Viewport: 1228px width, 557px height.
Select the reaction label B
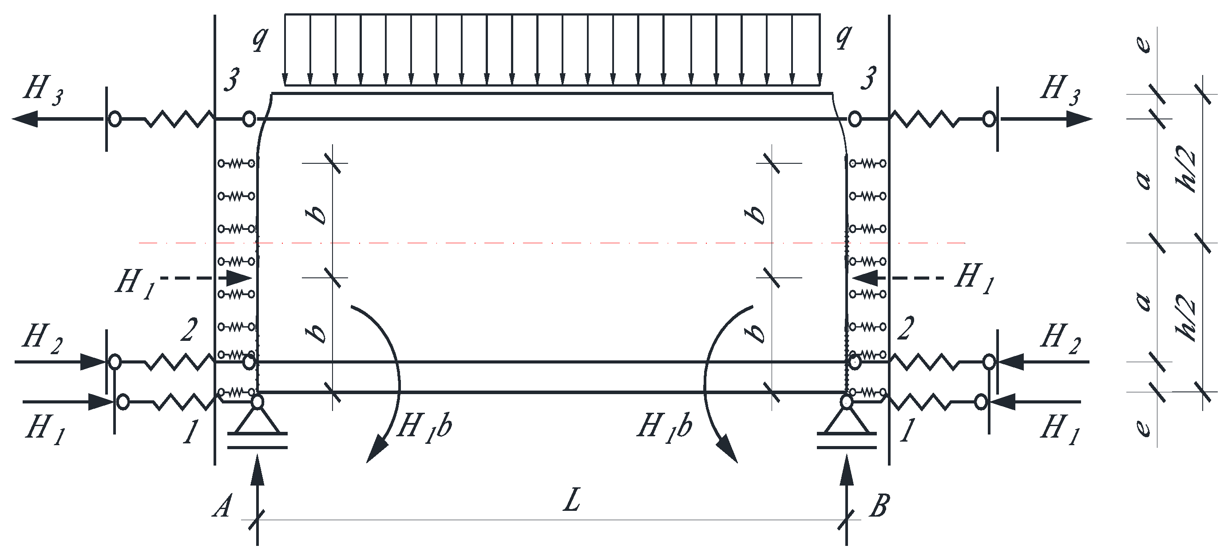pos(879,506)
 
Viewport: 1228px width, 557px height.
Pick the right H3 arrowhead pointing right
pos(1079,119)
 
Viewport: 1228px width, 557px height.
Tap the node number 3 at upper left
pos(232,79)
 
